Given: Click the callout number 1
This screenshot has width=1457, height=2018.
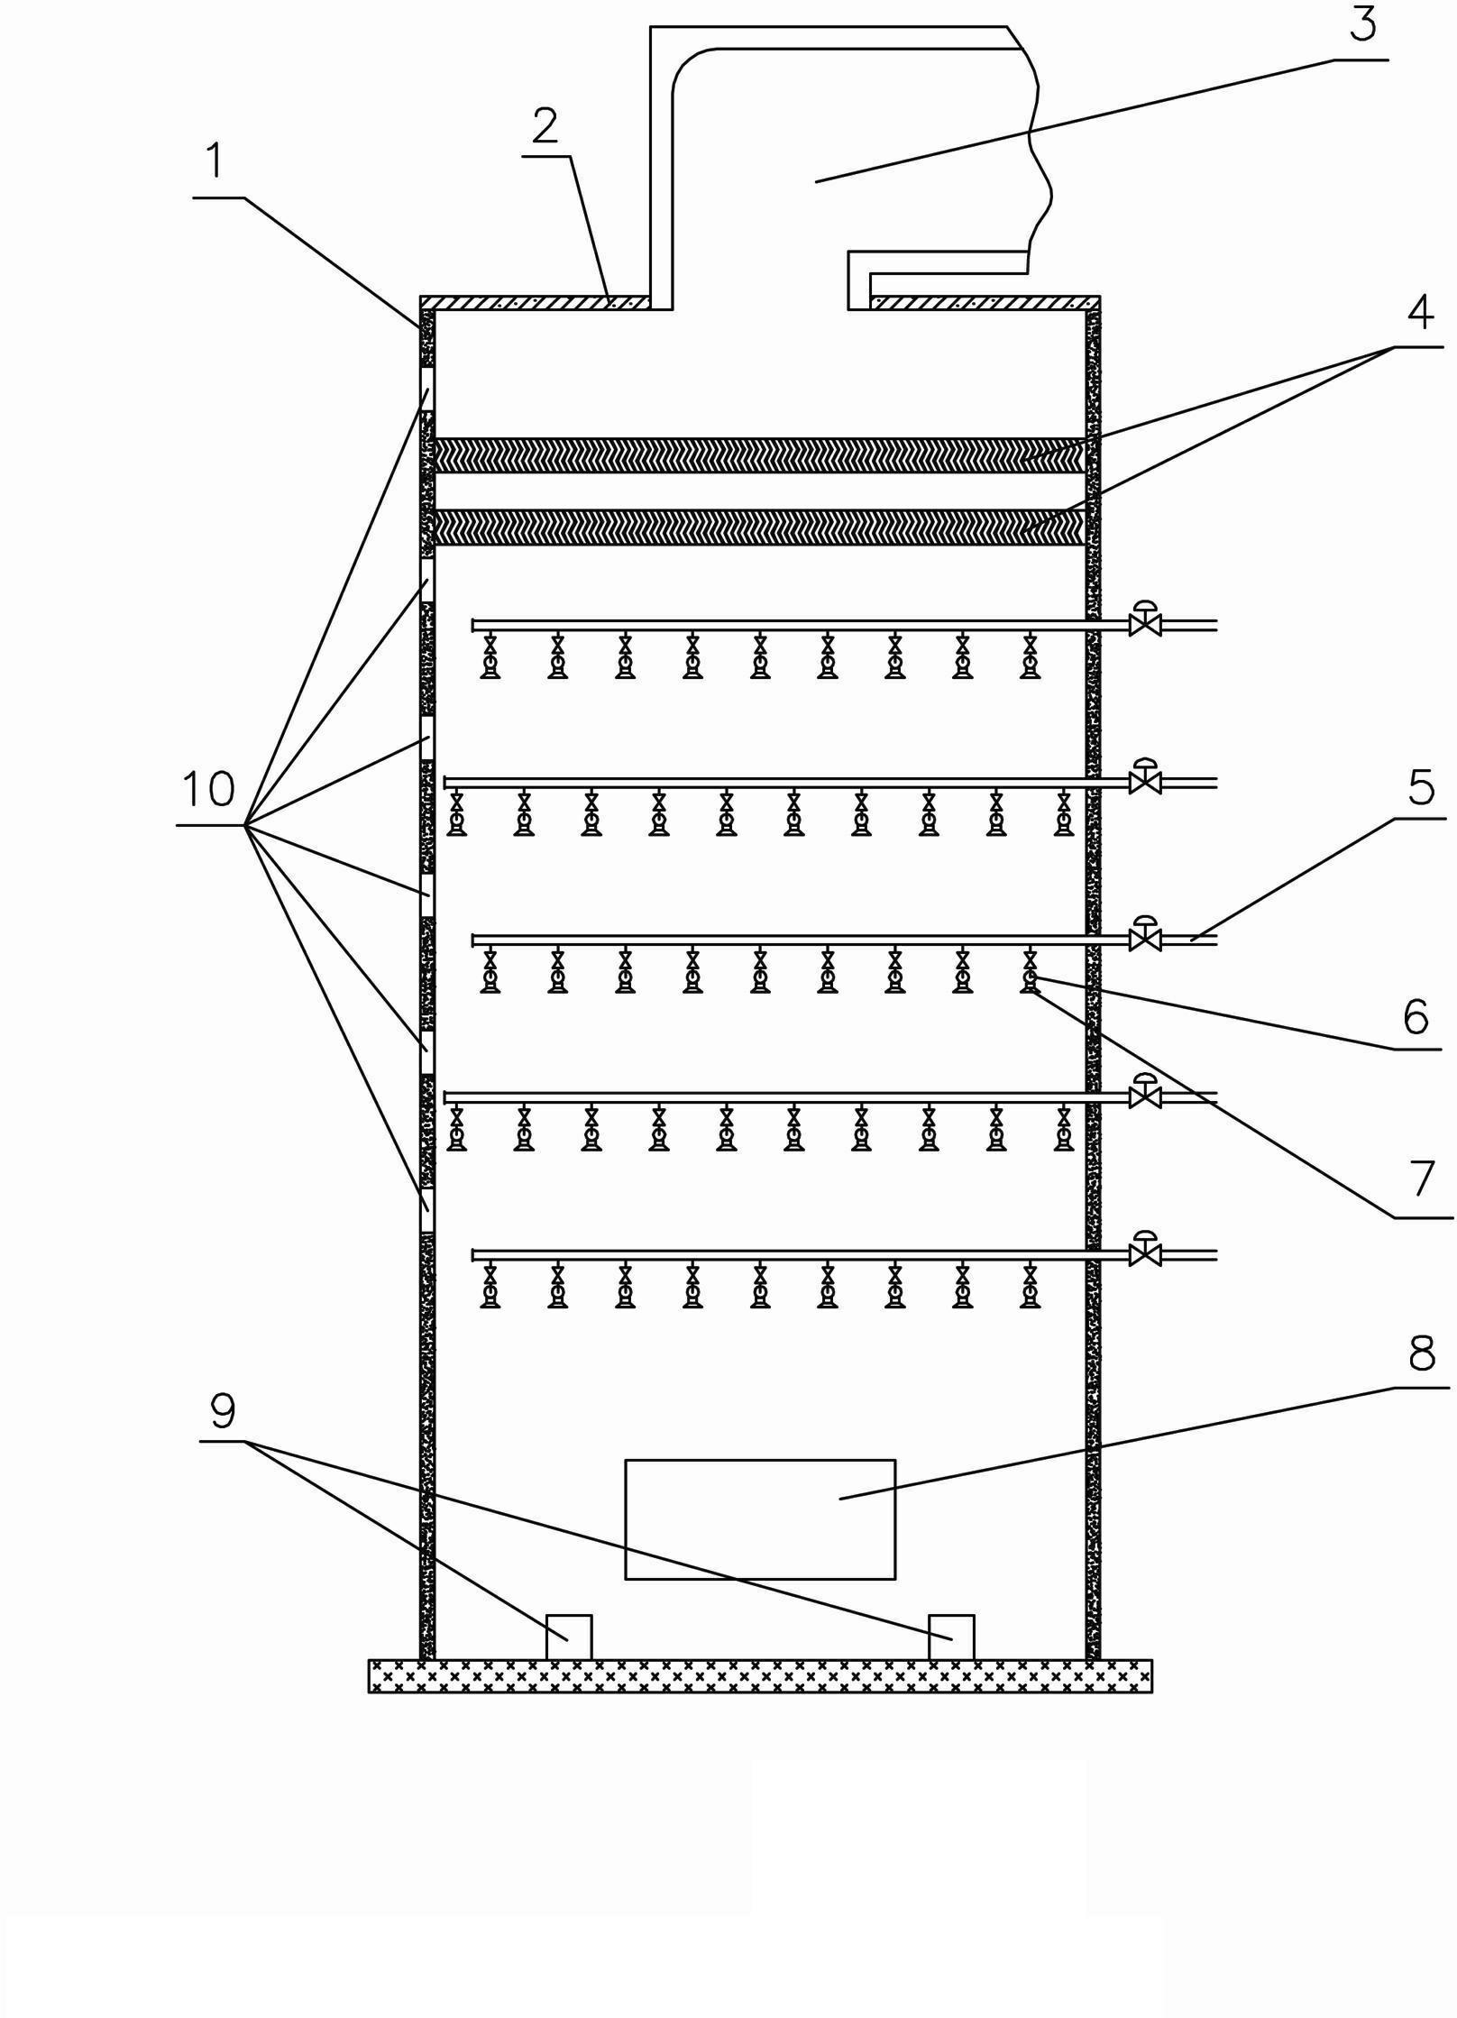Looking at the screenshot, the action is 214,163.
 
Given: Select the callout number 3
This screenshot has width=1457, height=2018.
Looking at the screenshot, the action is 1363,24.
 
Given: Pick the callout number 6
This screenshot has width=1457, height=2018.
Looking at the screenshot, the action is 1416,1016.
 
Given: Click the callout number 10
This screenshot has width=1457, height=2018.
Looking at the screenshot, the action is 208,789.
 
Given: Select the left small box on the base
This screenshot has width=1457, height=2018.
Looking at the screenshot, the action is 569,1637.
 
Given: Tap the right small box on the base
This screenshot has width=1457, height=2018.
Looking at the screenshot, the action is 951,1637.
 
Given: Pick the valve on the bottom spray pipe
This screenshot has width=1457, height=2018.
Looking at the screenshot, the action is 1145,1250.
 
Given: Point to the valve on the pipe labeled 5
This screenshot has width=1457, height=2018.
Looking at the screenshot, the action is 1145,935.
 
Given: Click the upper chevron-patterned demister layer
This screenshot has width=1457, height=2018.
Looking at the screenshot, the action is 759,455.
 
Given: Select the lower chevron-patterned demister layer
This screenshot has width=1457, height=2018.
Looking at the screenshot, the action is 759,527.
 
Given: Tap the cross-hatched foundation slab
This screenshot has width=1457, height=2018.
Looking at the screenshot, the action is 760,1675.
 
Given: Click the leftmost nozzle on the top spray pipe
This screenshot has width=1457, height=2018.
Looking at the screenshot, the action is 490,656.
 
